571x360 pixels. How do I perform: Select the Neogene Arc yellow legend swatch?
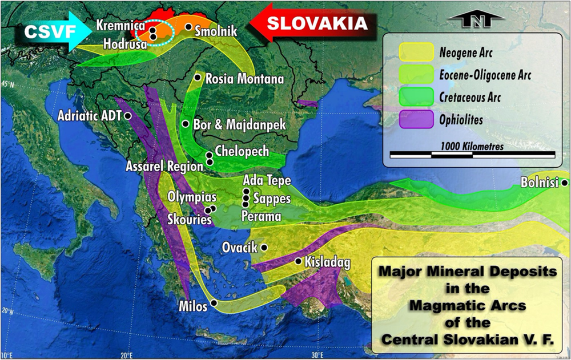(415, 53)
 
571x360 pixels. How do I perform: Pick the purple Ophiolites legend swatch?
(415, 119)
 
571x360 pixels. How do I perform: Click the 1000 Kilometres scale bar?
(472, 154)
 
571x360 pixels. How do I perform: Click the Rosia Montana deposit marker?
(198, 77)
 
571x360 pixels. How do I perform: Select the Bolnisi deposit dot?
(564, 183)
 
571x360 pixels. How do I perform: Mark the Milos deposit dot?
(214, 303)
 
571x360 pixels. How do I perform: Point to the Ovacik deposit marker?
(264, 248)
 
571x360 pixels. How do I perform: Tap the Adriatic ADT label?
(90, 116)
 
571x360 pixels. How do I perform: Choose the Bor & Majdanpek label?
(239, 124)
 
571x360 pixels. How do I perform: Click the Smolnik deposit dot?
(188, 27)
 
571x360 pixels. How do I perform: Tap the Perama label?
(261, 216)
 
